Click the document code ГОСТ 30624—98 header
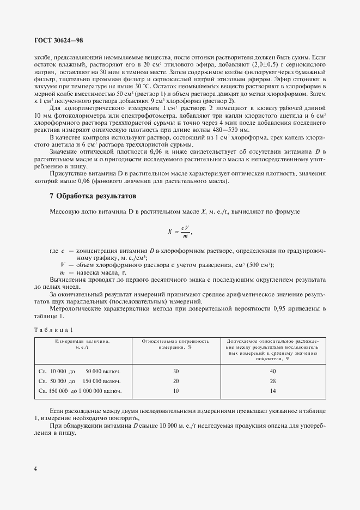coord(58,40)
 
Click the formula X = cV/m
coord(180,232)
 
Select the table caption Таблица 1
coord(54,330)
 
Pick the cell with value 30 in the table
coord(175,371)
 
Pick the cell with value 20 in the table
coord(175,381)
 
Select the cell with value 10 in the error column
coord(175,391)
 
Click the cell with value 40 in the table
coord(273,371)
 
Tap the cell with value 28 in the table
coord(273,381)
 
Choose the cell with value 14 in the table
coord(273,391)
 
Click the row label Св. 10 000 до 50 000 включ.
coord(80,371)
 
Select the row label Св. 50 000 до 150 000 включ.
coord(80,381)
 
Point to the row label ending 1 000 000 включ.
coord(80,391)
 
